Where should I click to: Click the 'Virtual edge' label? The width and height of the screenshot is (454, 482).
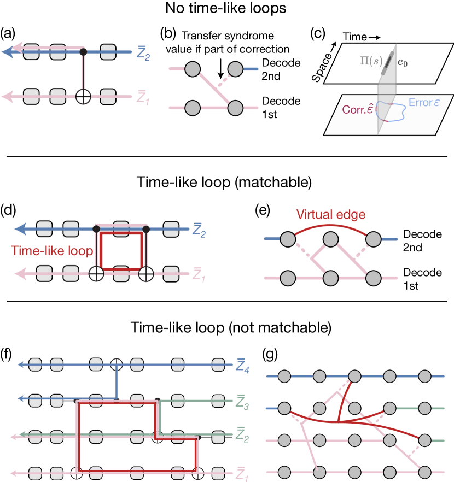pos(330,214)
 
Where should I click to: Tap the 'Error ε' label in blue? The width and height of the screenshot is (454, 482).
pos(424,103)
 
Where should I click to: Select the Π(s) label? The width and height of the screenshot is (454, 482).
pos(370,62)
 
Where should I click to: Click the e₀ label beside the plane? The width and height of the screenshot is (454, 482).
pos(402,63)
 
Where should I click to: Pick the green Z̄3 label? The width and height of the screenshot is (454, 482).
pos(242,404)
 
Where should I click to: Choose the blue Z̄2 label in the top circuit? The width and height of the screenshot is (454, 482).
pos(143,55)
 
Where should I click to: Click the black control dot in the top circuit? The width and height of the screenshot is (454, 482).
pos(83,52)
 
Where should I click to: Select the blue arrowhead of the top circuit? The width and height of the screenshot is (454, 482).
pos(8,52)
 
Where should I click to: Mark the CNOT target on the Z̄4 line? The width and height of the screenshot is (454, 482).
pos(116,364)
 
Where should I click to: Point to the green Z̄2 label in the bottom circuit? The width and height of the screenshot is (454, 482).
pos(242,435)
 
